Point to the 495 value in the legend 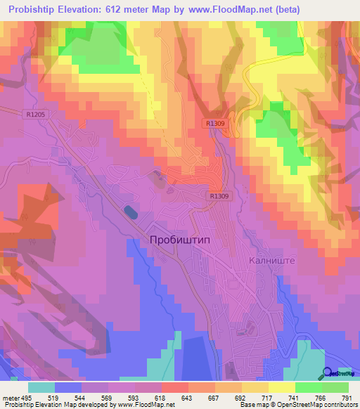pos(26,398)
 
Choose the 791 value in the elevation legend pos(345,398)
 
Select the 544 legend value pos(79,398)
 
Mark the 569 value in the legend pos(106,398)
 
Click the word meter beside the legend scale pos(10,398)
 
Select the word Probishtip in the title pos(36,10)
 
